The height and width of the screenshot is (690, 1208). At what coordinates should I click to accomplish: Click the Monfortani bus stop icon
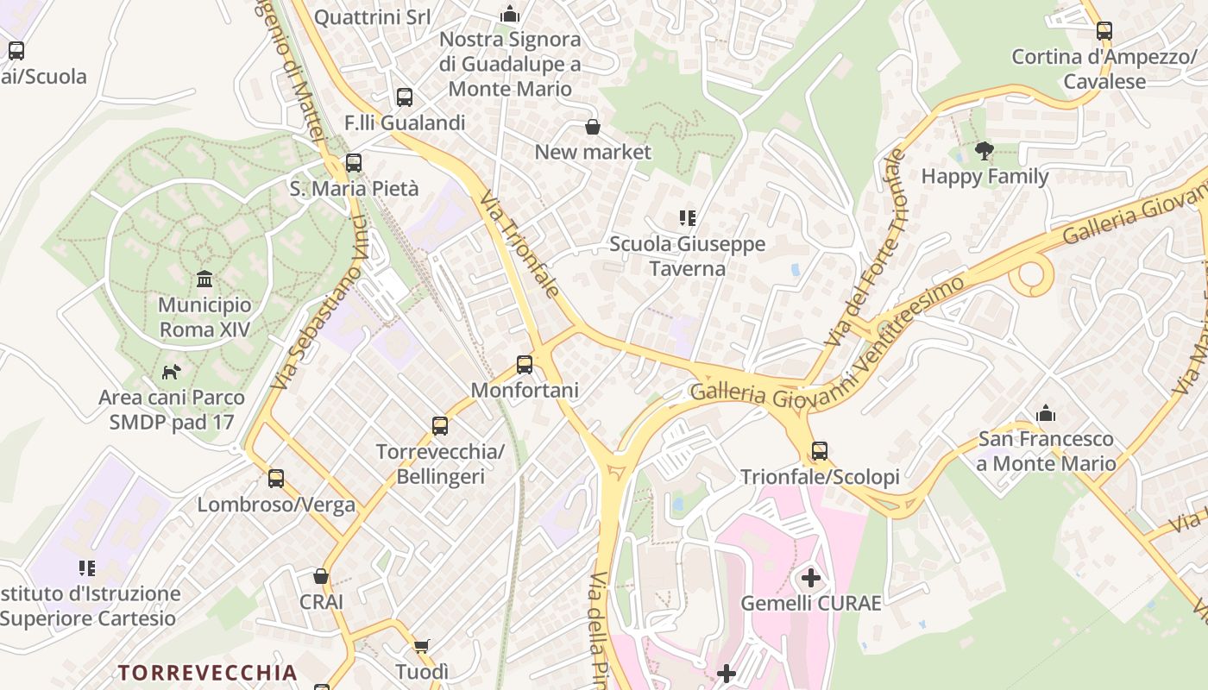(525, 365)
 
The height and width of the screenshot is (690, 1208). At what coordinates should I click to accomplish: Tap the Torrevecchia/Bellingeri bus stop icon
(440, 426)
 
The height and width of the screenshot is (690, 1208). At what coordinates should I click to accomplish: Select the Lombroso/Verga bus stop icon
(276, 479)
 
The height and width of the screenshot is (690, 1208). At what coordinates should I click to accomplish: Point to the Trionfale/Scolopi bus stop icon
(820, 451)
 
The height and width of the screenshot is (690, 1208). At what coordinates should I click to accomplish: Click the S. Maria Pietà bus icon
(353, 163)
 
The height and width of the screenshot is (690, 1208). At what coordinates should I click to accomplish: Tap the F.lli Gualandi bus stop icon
(405, 97)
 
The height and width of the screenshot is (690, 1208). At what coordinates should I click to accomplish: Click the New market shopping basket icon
(593, 128)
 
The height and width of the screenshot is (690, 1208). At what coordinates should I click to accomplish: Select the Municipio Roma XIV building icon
(204, 279)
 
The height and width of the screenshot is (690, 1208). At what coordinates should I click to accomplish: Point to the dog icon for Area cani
(172, 373)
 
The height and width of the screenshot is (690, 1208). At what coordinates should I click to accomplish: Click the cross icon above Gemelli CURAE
(811, 578)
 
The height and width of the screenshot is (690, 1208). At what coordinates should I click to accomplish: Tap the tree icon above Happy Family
(984, 152)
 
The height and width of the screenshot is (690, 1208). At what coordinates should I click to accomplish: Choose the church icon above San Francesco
(1046, 414)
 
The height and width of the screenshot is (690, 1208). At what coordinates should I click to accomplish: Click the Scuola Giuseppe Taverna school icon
(688, 219)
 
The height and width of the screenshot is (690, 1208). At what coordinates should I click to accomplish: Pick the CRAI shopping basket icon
(322, 576)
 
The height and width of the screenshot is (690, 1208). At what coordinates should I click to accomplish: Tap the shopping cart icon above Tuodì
(422, 646)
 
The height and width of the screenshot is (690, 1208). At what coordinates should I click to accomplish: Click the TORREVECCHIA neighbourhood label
(207, 673)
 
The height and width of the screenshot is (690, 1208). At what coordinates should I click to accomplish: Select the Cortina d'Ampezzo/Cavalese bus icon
(1104, 32)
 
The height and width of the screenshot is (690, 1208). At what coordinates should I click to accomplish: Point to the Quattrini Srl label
(372, 17)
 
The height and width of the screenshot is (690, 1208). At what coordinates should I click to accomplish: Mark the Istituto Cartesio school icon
(87, 568)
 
